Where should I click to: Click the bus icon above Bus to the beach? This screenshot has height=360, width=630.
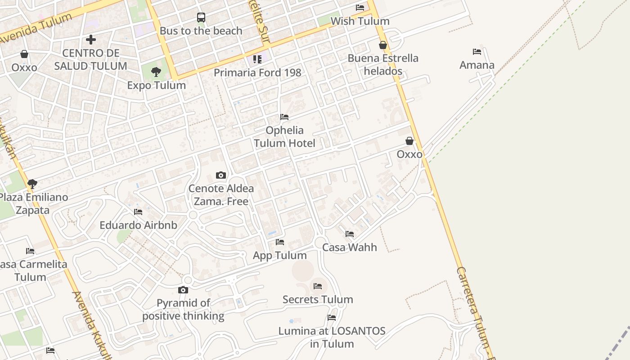tap(201, 18)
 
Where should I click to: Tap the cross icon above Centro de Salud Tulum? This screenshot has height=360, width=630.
tap(91, 40)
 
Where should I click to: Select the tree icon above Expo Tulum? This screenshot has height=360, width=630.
tap(156, 72)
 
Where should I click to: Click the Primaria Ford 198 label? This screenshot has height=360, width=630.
tap(257, 72)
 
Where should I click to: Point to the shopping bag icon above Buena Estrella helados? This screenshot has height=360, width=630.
tap(383, 45)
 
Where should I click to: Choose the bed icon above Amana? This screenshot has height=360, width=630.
tap(477, 52)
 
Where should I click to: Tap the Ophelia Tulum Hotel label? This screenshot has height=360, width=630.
tap(284, 137)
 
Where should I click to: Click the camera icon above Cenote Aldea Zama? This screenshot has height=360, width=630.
tap(220, 175)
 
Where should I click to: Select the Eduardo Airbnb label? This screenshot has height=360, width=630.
tap(138, 225)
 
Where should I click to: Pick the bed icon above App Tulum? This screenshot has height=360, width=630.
tap(280, 242)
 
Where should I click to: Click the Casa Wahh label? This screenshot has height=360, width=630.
tap(350, 247)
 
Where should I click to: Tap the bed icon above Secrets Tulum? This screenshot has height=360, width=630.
tap(318, 286)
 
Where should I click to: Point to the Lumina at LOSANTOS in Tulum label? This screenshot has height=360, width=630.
tap(332, 337)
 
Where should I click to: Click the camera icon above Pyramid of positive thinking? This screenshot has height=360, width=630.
tap(183, 290)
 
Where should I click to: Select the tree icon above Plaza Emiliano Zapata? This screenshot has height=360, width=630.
tap(32, 184)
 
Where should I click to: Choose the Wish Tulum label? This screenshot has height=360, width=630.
tap(360, 21)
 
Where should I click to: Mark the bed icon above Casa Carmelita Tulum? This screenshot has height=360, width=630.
tap(30, 251)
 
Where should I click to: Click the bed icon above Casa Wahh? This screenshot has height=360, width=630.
tap(350, 234)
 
